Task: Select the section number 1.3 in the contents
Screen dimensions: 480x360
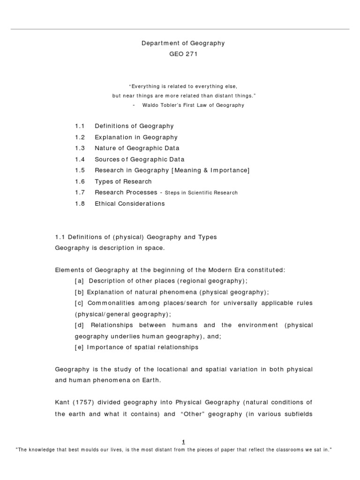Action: point(79,148)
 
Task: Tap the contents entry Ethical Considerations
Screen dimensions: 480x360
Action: point(130,204)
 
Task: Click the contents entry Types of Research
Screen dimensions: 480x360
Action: point(123,181)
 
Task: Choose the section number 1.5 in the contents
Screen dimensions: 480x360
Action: point(79,171)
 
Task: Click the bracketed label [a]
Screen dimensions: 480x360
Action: point(79,281)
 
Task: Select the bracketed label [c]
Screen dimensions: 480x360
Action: point(79,303)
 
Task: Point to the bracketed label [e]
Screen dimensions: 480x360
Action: point(79,347)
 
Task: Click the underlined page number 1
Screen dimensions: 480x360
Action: point(184,442)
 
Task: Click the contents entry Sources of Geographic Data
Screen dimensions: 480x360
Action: point(140,159)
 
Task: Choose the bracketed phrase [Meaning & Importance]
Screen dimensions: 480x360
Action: point(212,171)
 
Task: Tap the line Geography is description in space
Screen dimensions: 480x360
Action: point(110,248)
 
